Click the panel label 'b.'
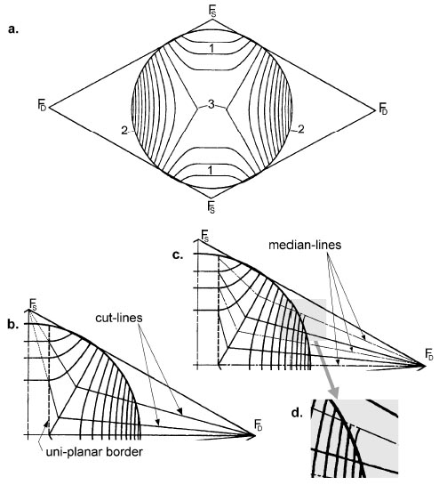tap(13, 325)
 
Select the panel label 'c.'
tap(178, 255)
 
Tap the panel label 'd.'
tap(297, 413)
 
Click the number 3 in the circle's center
tap(211, 105)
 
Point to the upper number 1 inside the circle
tap(211, 48)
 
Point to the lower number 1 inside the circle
tap(211, 170)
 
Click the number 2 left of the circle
tap(124, 131)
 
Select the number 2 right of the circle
tap(300, 129)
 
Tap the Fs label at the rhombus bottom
tap(212, 206)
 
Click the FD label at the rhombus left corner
tap(42, 104)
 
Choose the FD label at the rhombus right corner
tap(383, 109)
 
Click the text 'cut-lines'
tap(119, 318)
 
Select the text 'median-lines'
tap(305, 245)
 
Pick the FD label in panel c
tap(429, 353)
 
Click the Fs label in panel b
tap(32, 303)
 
